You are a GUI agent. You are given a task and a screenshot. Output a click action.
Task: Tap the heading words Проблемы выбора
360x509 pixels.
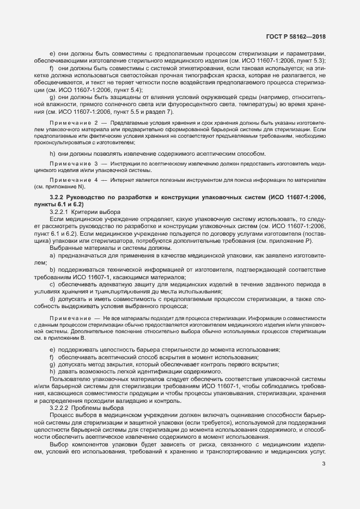[105, 408]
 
